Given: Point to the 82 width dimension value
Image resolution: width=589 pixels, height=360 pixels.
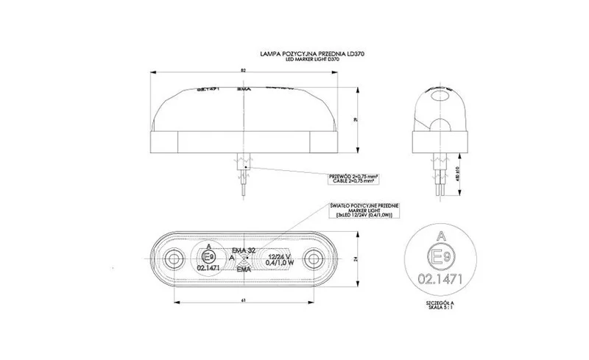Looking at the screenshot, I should (242, 71).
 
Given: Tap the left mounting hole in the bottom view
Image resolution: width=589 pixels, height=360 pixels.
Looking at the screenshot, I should (174, 259).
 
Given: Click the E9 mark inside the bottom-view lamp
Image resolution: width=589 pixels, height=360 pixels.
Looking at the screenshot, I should (208, 257).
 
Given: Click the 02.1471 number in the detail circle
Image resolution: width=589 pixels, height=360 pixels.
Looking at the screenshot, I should (440, 280).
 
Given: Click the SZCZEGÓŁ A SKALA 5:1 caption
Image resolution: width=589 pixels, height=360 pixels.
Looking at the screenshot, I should (440, 305).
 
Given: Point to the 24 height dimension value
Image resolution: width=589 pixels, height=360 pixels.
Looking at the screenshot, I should (357, 259).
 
